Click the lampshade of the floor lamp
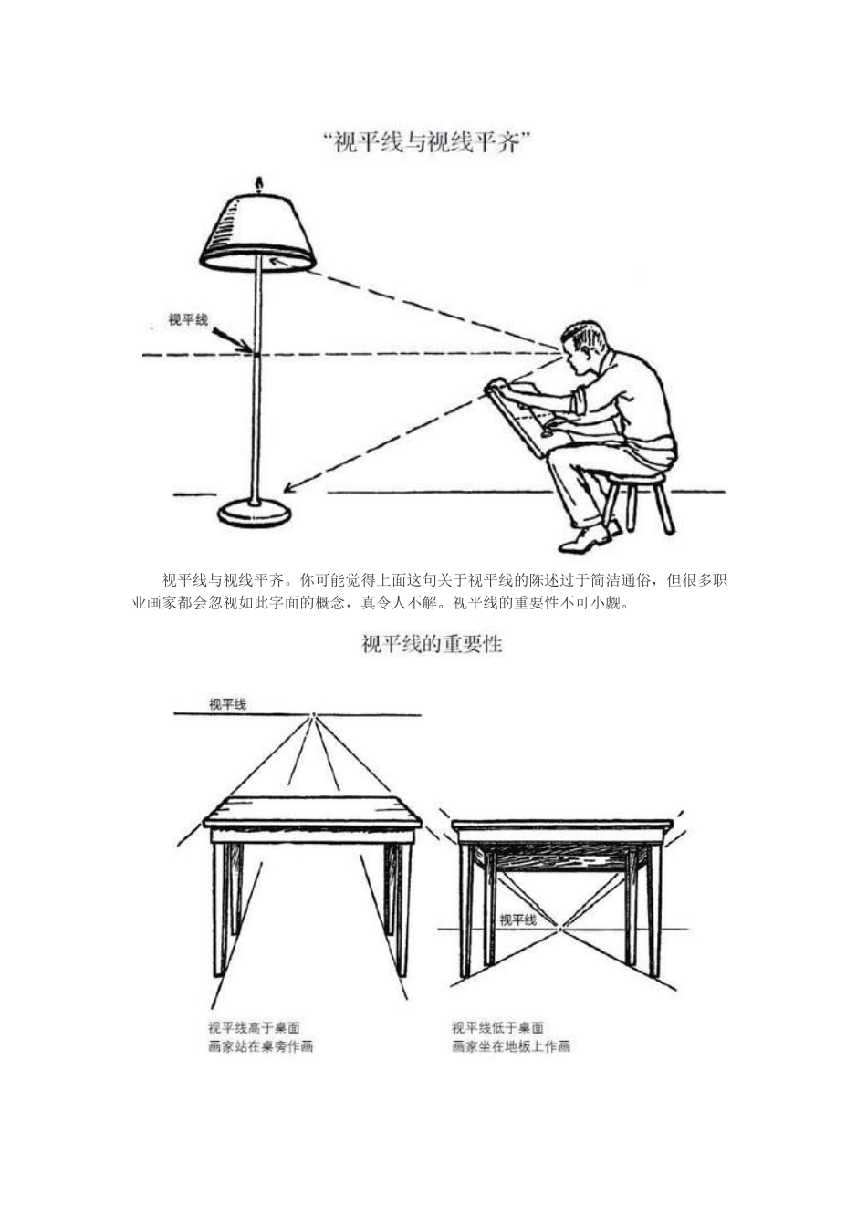point(258,231)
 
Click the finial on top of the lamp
point(259,186)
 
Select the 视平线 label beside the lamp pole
point(188,320)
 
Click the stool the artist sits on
point(639,497)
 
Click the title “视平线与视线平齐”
point(426,143)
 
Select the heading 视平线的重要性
point(433,644)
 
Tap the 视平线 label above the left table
point(227,704)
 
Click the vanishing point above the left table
point(313,714)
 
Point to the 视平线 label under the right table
point(517,920)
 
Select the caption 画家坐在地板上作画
point(511,1046)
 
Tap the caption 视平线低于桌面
point(498,1028)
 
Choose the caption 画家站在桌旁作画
point(261,1046)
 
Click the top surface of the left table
point(312,808)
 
